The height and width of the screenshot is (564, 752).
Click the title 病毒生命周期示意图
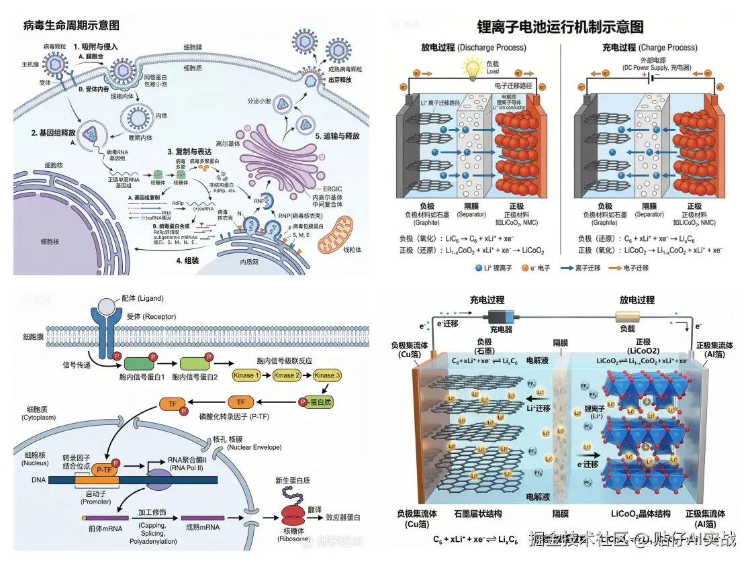tap(71, 26)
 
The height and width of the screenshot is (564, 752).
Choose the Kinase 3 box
tap(327, 375)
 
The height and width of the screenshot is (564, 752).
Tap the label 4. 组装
tap(191, 261)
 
